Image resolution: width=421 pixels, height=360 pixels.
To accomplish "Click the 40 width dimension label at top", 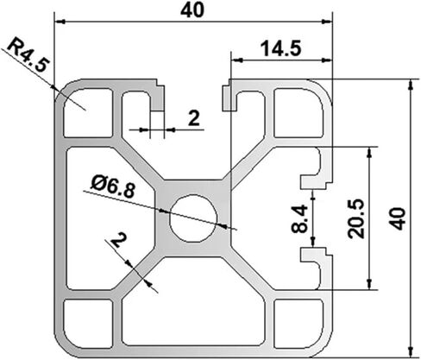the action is point(192,10).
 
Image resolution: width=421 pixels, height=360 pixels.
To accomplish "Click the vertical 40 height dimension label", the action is point(399,218).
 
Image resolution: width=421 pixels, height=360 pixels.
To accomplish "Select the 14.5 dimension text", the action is point(281,48).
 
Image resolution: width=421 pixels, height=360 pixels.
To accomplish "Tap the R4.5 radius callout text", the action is point(27,55).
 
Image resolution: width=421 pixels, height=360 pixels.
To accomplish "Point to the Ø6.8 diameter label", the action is point(113,186).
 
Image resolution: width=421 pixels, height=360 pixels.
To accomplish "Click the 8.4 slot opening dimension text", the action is point(299,218).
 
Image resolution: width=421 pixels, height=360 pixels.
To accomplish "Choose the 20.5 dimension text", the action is point(356,219).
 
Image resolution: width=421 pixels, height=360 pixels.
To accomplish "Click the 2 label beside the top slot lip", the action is point(194,118).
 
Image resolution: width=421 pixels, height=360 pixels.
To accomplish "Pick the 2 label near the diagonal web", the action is point(119,241).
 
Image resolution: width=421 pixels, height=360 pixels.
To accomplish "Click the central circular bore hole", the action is point(193,218).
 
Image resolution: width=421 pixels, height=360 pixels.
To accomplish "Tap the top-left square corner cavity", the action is point(88,113).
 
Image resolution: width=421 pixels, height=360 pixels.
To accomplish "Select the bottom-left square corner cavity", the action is point(88,324).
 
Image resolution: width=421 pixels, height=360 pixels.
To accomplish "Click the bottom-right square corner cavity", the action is point(298,324).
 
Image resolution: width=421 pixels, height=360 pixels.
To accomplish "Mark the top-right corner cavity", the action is point(298,113).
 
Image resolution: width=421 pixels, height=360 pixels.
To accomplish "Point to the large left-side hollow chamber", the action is point(110,218).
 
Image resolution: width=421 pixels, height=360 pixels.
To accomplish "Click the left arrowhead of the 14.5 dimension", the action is point(236,60).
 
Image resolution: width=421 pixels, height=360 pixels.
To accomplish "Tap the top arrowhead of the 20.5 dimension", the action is point(370,152).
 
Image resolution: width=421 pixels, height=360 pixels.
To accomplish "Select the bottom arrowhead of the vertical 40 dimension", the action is point(411,351).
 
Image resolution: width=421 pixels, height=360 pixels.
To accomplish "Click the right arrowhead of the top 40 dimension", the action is point(327,22).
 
